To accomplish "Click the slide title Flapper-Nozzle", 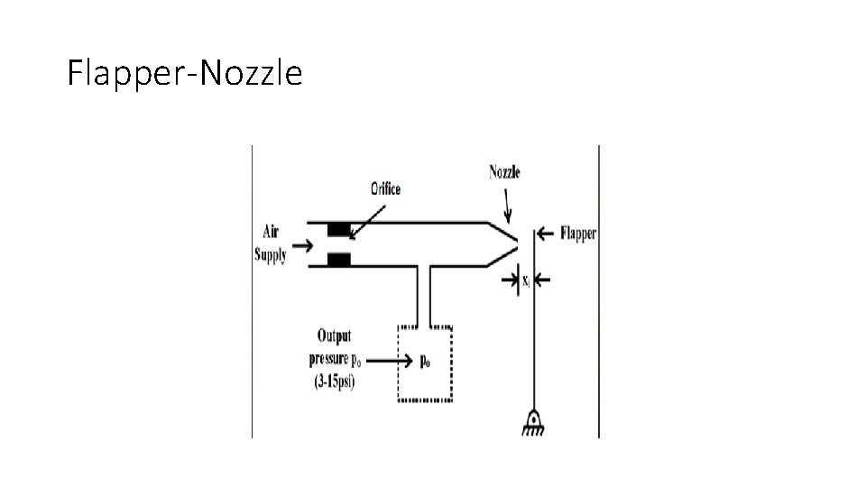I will (x=185, y=73).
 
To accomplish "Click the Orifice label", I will (x=384, y=189).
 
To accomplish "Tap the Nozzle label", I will (x=504, y=172).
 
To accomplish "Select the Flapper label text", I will (x=578, y=234).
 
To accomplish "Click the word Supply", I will (x=271, y=255).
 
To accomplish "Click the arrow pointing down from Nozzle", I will (x=508, y=208).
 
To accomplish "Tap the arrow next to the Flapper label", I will (x=545, y=234).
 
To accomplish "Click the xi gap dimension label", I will (x=526, y=281).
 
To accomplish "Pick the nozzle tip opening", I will (x=518, y=243).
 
